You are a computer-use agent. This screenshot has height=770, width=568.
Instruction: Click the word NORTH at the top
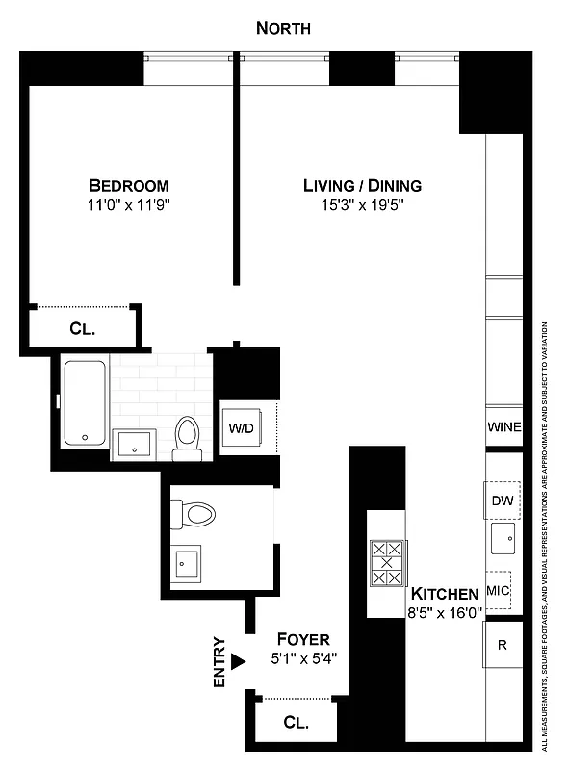point(283,29)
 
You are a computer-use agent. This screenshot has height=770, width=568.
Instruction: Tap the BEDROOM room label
point(129,185)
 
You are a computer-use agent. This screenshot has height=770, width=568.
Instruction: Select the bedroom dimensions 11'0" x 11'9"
point(129,204)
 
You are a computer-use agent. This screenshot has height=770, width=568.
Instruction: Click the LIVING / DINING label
point(362,185)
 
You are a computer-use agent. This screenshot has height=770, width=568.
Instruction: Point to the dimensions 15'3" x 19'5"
point(362,204)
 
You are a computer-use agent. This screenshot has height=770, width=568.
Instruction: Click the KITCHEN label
point(445,593)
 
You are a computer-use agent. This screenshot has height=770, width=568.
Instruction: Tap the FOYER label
point(303,640)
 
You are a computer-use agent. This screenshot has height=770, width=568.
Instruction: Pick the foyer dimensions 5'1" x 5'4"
point(303,659)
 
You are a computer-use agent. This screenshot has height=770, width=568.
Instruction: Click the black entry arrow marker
point(238,661)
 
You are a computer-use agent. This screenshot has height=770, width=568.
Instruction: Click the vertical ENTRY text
point(219,661)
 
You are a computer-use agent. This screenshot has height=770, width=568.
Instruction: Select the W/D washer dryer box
point(241,427)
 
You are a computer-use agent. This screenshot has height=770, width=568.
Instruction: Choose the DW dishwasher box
point(502,500)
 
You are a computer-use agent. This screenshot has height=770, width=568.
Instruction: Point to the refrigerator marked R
point(503,645)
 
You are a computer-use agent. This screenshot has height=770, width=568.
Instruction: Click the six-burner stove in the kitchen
point(386,563)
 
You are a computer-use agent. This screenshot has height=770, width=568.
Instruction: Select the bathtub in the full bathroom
point(85,401)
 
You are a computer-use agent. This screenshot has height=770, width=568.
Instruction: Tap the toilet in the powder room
point(194,514)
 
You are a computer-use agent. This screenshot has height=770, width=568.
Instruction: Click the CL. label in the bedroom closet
point(83,328)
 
